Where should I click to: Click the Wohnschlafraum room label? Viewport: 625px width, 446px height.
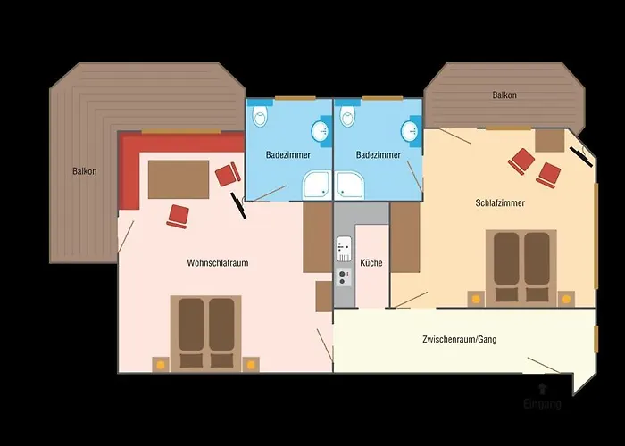click(x=216, y=263)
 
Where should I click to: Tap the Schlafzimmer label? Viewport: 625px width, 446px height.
click(x=500, y=203)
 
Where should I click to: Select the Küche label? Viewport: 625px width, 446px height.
click(x=371, y=264)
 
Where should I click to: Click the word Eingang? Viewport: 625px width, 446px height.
click(x=543, y=405)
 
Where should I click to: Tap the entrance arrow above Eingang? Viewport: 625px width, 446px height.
click(x=543, y=388)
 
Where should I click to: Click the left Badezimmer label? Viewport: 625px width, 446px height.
click(x=288, y=155)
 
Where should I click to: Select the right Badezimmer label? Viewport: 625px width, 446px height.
click(x=377, y=155)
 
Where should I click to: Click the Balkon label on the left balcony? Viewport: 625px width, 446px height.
click(x=85, y=171)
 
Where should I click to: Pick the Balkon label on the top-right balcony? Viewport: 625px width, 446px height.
click(x=504, y=95)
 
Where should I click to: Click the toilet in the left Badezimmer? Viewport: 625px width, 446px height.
click(x=259, y=116)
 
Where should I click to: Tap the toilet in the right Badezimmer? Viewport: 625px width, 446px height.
click(x=347, y=116)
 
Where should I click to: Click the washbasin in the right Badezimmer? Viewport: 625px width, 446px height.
click(x=410, y=132)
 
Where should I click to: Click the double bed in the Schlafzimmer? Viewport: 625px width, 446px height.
click(x=521, y=266)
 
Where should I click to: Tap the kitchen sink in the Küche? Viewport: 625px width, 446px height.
click(x=345, y=247)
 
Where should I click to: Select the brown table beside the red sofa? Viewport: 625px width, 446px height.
click(x=179, y=178)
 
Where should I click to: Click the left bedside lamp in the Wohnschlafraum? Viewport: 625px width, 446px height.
click(x=161, y=364)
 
